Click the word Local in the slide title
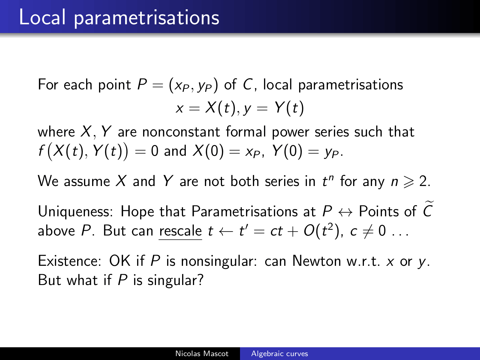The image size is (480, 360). coord(42,17)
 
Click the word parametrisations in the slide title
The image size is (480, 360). coord(146,19)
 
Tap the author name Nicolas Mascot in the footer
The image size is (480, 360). coord(202,353)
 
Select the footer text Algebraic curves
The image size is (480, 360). coord(280,353)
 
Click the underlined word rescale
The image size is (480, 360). coord(180,231)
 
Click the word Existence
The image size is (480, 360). coord(70,261)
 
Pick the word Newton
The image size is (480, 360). coord(316,261)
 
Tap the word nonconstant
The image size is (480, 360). coord(181,132)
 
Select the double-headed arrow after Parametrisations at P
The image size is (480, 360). coord(345,212)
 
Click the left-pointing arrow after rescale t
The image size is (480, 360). coord(226,232)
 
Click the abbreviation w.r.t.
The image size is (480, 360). coord(363,262)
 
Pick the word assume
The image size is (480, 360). coord(87,181)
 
